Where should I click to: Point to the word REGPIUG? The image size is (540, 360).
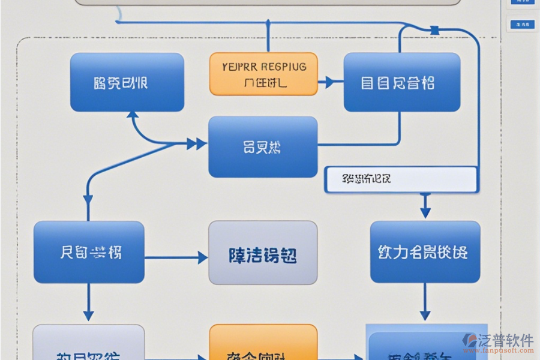point(281,67)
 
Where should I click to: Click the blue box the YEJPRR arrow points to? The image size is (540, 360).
point(401,82)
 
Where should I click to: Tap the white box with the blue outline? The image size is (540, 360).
point(401,179)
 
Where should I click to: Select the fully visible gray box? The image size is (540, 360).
point(263,253)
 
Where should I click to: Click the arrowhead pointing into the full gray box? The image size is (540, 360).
point(202,258)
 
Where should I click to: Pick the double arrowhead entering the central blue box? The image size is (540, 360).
point(196,144)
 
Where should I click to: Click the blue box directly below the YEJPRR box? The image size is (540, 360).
point(263,147)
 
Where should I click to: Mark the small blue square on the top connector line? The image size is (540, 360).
point(434,29)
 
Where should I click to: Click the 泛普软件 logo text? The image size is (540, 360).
point(506,340)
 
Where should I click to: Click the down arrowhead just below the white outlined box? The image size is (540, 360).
point(425,212)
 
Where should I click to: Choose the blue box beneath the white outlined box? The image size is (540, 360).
point(425,252)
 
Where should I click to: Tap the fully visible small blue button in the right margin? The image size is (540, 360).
point(521,25)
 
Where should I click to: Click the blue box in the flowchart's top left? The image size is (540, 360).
point(127,82)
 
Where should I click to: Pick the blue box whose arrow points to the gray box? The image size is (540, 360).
point(89,252)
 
